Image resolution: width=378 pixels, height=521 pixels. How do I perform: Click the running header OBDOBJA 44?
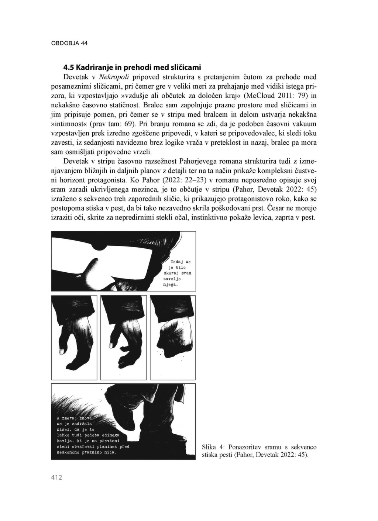coord(69,43)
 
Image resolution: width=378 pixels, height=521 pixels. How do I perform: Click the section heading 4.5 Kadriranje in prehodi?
coord(132,68)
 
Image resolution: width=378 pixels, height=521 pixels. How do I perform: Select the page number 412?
coord(56,477)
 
